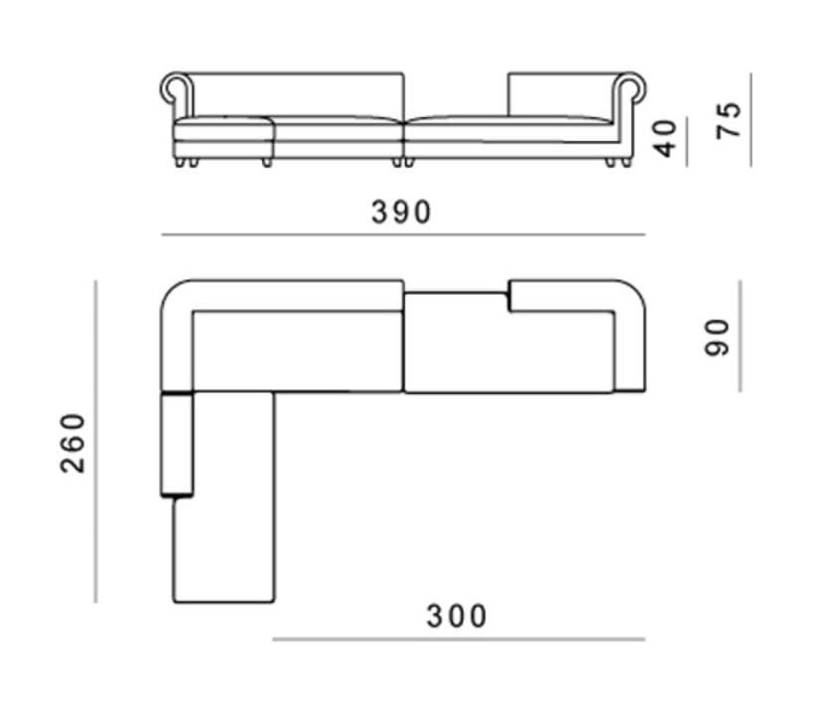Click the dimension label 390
pyautogui.click(x=402, y=212)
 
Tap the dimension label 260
pyautogui.click(x=73, y=443)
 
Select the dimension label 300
pyautogui.click(x=458, y=617)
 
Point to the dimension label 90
pyautogui.click(x=717, y=337)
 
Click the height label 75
pyautogui.click(x=729, y=119)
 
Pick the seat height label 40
pyautogui.click(x=666, y=138)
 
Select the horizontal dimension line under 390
pyautogui.click(x=402, y=235)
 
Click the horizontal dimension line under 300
pyautogui.click(x=458, y=639)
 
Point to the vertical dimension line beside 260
pyautogui.click(x=96, y=441)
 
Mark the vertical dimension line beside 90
pyautogui.click(x=740, y=336)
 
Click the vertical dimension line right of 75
pyautogui.click(x=752, y=119)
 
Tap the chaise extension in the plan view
pyautogui.click(x=223, y=496)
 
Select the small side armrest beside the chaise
pyautogui.click(x=177, y=444)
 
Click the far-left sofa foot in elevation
pyautogui.click(x=180, y=162)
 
